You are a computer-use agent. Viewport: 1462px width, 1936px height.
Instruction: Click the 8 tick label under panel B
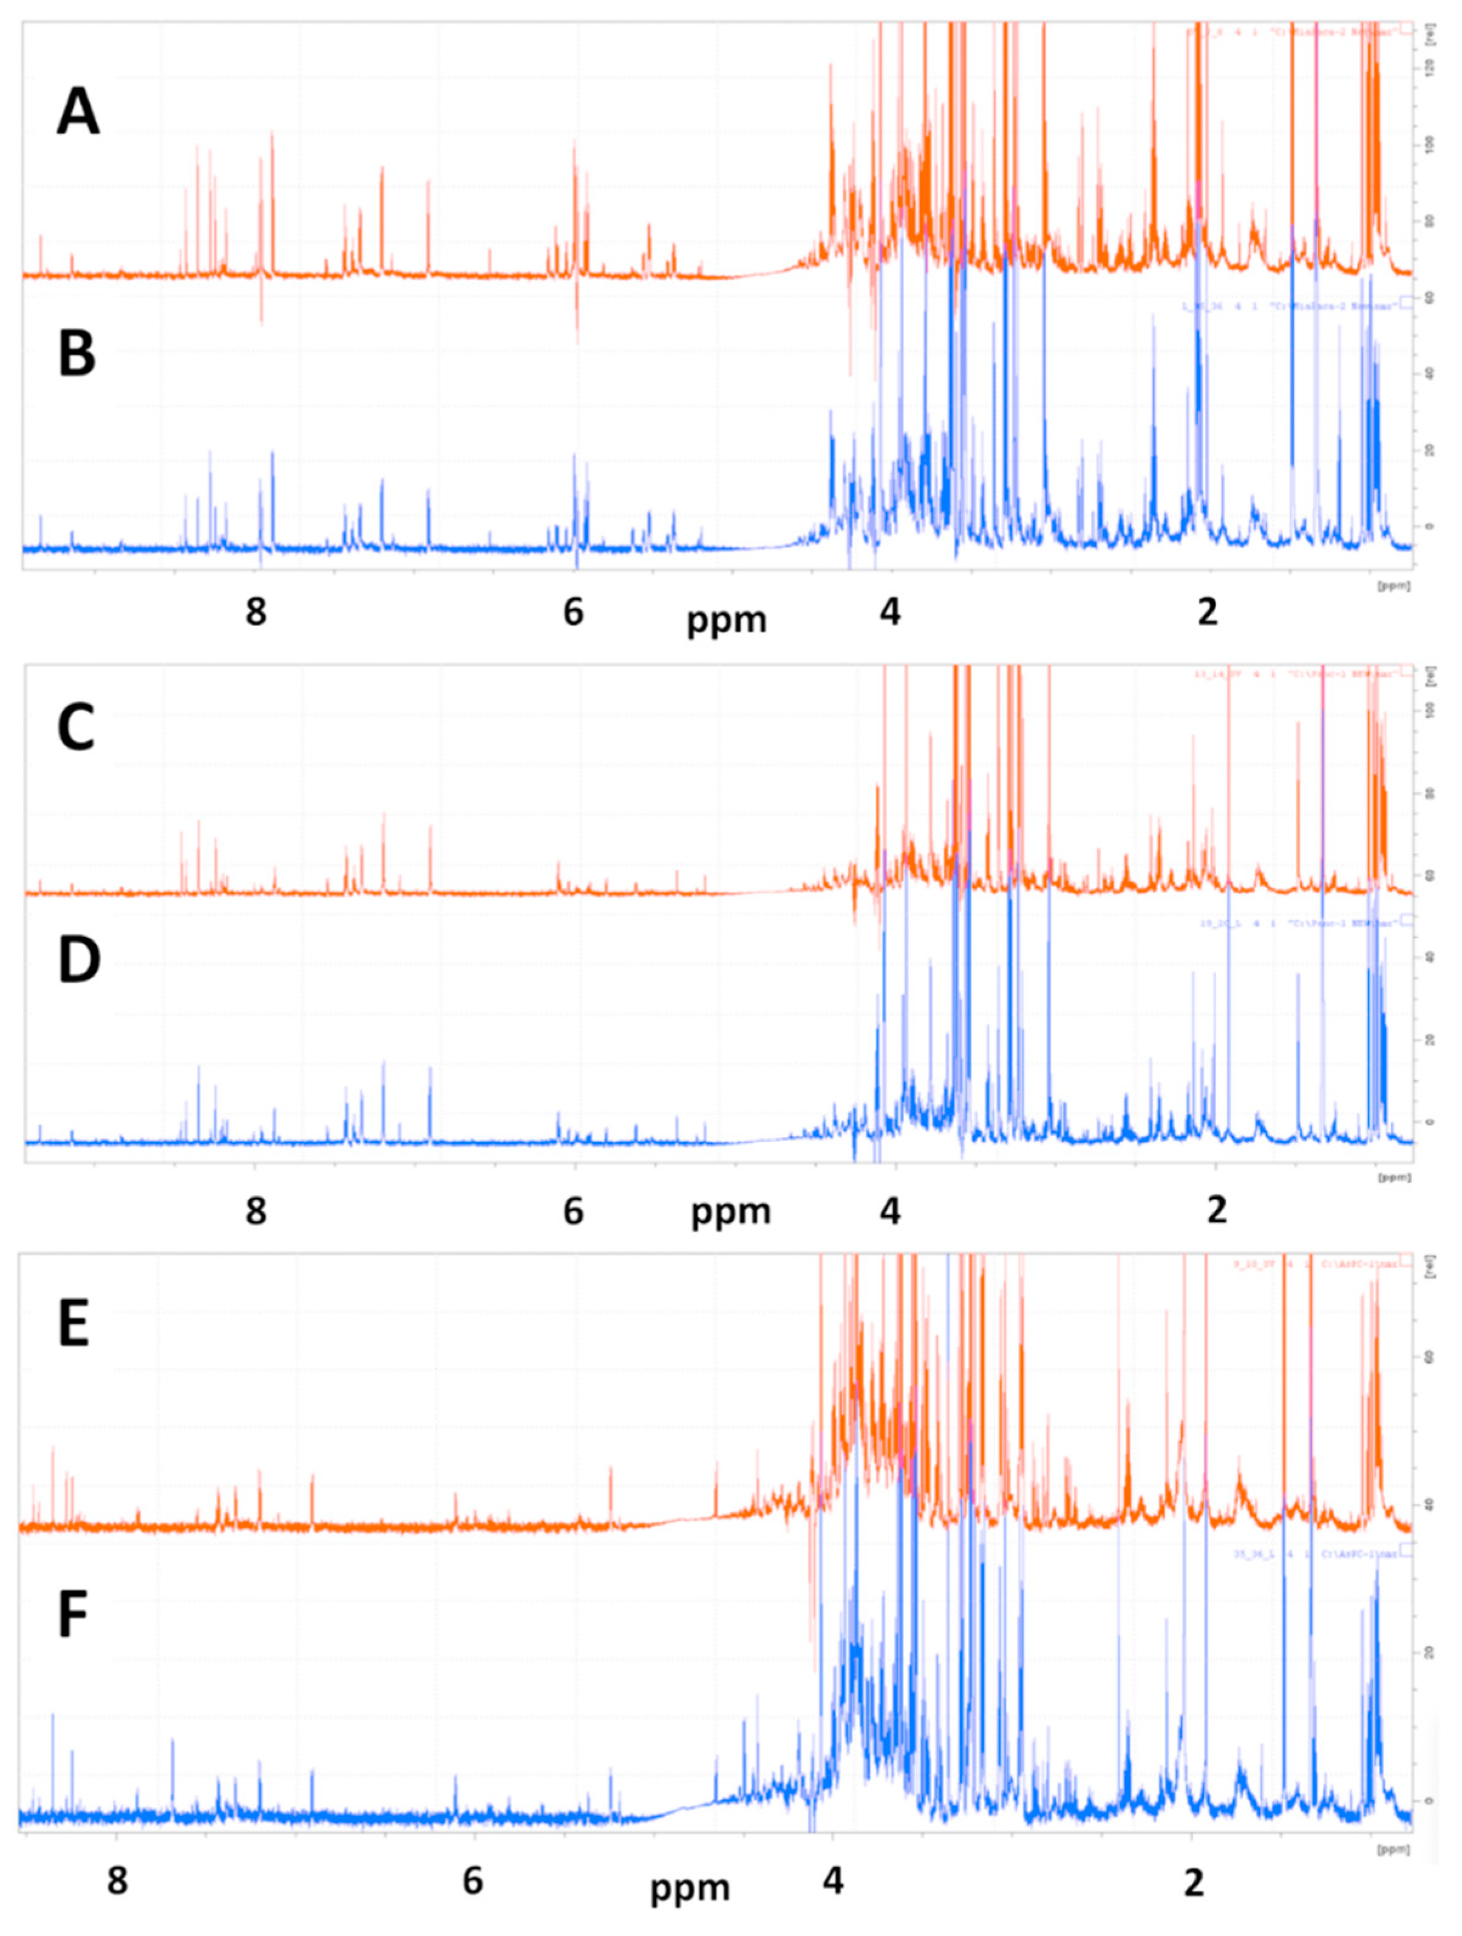(x=256, y=612)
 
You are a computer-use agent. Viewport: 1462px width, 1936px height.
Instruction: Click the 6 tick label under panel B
(x=573, y=612)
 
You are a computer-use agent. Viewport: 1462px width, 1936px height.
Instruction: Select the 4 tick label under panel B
(x=889, y=612)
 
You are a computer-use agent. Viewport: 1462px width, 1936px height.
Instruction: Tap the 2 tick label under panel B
(x=1207, y=612)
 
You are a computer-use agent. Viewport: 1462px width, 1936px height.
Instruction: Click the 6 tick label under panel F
(x=473, y=1877)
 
